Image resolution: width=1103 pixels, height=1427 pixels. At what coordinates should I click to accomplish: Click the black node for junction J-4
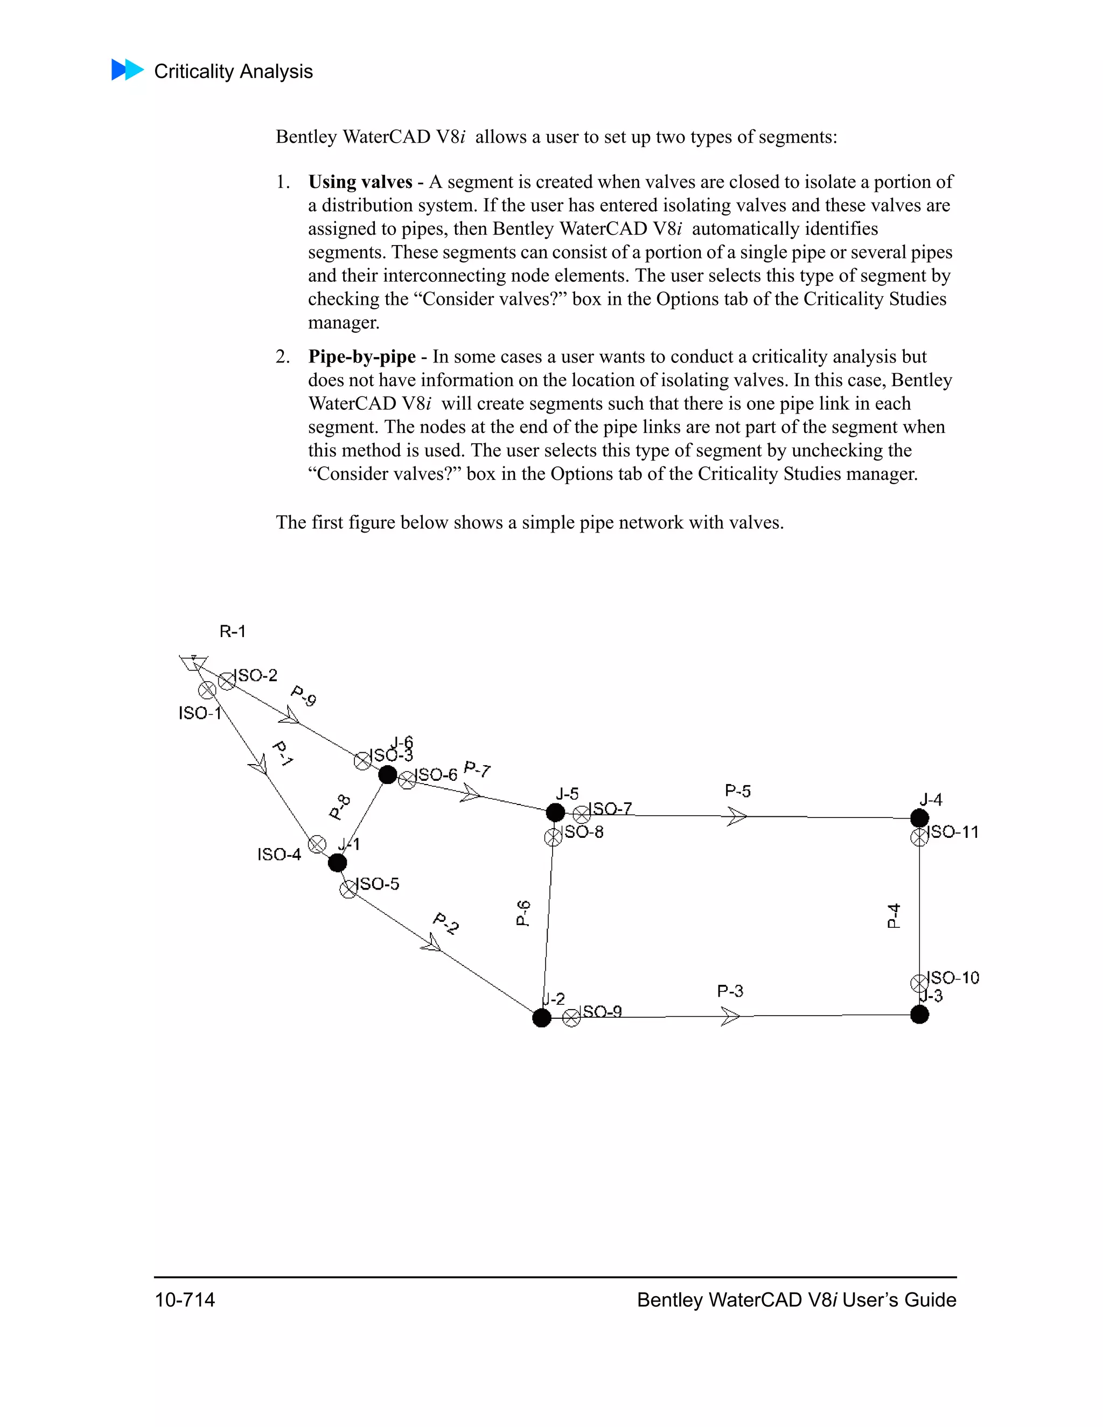point(919,818)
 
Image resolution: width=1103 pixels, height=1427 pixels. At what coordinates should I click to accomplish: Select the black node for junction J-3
point(919,1015)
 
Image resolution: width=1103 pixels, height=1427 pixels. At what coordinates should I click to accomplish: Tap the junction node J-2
point(542,1018)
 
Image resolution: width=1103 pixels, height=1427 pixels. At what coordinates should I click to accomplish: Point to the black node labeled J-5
point(555,813)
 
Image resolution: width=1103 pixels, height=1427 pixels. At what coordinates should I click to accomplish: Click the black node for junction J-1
point(337,863)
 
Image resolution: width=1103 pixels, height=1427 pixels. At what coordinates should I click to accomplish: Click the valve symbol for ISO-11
point(919,837)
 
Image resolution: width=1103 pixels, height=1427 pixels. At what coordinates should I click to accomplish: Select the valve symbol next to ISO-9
point(571,1018)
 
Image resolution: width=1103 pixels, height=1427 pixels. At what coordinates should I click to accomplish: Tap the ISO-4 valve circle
point(317,844)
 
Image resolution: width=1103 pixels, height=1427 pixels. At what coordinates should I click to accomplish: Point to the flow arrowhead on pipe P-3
point(730,1017)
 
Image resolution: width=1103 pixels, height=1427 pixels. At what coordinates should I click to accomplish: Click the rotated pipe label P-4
point(893,915)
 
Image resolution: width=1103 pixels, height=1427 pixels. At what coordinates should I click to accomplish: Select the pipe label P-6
point(523,913)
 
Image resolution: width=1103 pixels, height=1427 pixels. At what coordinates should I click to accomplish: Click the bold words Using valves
point(360,181)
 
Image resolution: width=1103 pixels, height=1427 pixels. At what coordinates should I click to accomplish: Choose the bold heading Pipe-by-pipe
point(361,356)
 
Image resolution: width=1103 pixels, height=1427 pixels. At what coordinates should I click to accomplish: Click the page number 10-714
point(185,1299)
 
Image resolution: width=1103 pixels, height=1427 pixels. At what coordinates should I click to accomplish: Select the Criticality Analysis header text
point(233,71)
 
